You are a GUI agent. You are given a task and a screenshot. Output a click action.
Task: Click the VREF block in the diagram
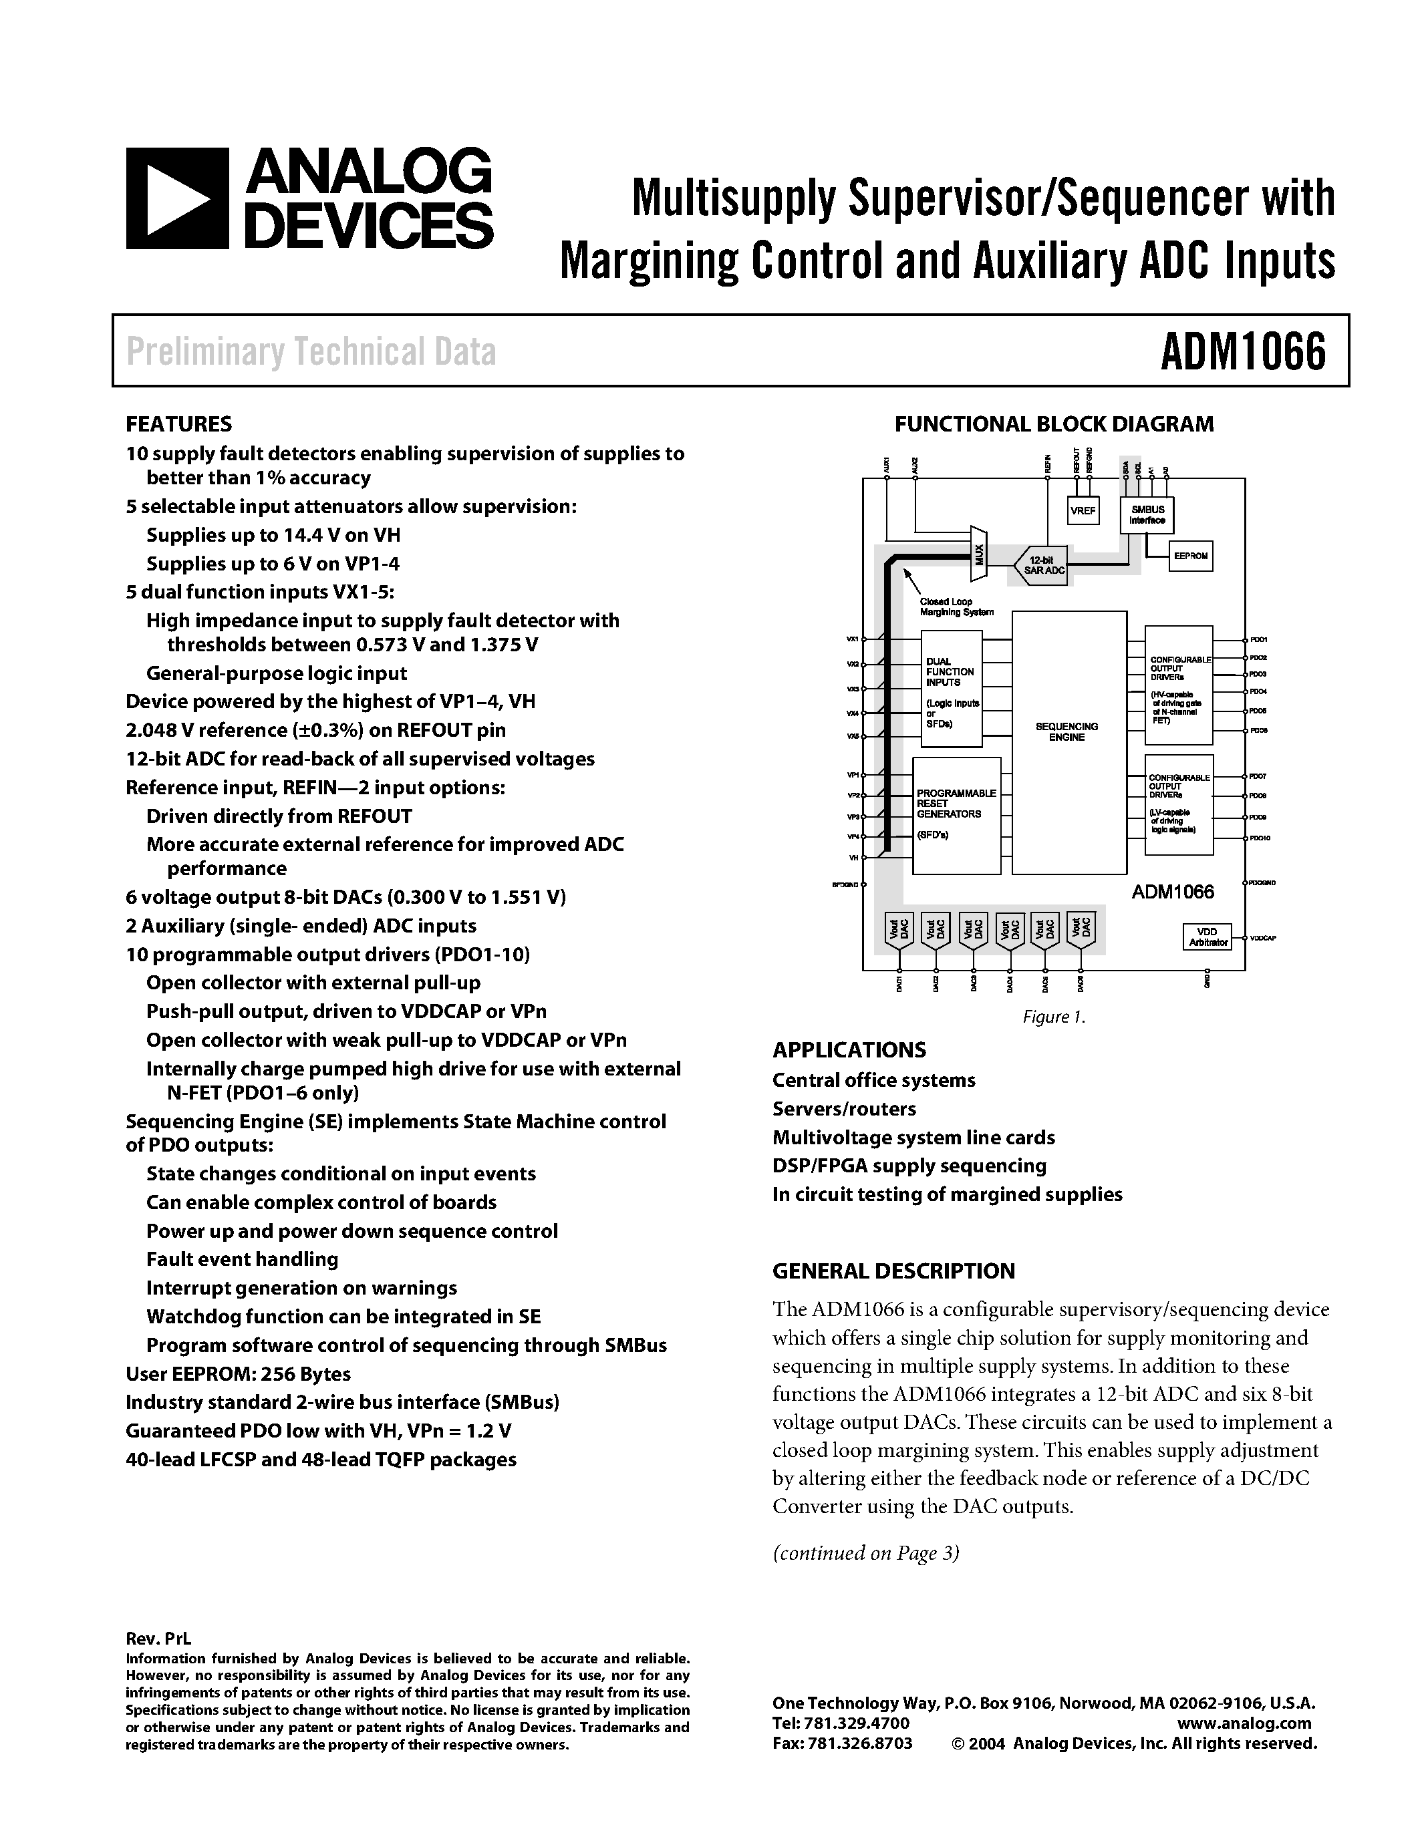[x=1083, y=510]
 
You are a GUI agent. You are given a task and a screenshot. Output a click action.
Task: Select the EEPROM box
[x=1190, y=556]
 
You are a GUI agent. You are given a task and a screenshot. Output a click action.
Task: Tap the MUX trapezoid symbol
[x=978, y=554]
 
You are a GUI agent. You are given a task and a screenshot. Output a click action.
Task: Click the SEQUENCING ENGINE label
[x=1066, y=731]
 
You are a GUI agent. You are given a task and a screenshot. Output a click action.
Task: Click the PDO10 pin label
[x=1260, y=838]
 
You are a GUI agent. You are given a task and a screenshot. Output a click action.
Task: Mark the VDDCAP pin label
[x=1263, y=938]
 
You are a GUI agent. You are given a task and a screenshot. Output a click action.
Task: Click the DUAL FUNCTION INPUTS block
[x=952, y=689]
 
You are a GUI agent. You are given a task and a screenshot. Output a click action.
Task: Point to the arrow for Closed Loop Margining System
[x=912, y=580]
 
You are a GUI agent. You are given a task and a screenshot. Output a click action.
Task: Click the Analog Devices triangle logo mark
[x=176, y=198]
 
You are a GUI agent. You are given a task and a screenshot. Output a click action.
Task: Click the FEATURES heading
[x=178, y=424]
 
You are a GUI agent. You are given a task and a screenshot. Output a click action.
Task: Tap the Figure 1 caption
[x=1054, y=1017]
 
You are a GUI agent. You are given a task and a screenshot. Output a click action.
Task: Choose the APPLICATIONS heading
[x=849, y=1049]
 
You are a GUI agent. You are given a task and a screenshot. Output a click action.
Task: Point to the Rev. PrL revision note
[x=158, y=1639]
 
